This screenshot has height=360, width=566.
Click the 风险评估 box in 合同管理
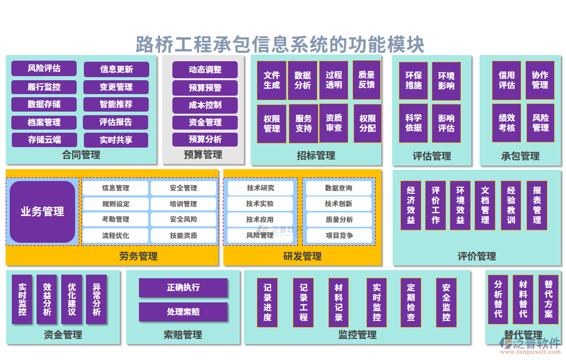coord(44,68)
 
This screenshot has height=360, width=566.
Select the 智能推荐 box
coord(116,104)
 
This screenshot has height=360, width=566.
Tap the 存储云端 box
coord(44,139)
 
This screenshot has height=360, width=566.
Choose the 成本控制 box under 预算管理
coord(205,105)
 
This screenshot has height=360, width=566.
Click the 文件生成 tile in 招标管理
coord(272,80)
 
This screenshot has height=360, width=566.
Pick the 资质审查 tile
coord(334,123)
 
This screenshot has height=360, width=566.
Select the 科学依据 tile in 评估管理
coord(413,123)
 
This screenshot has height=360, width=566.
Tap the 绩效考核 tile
coord(507,123)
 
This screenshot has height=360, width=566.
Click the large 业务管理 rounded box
coord(42,211)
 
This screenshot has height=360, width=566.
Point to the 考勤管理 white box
coord(115,220)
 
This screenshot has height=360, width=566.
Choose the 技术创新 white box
coord(339,204)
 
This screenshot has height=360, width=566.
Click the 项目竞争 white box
coord(339,236)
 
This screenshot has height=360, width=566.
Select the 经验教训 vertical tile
coord(511,205)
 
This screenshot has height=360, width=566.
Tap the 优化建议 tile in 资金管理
coord(72,299)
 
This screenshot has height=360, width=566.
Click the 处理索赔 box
coord(183,312)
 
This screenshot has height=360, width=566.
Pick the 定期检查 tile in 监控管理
coord(411,302)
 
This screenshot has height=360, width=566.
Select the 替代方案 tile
coord(549,299)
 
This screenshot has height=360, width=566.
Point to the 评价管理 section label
coord(477,256)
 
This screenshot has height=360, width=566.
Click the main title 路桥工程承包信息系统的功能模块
coord(280,44)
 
